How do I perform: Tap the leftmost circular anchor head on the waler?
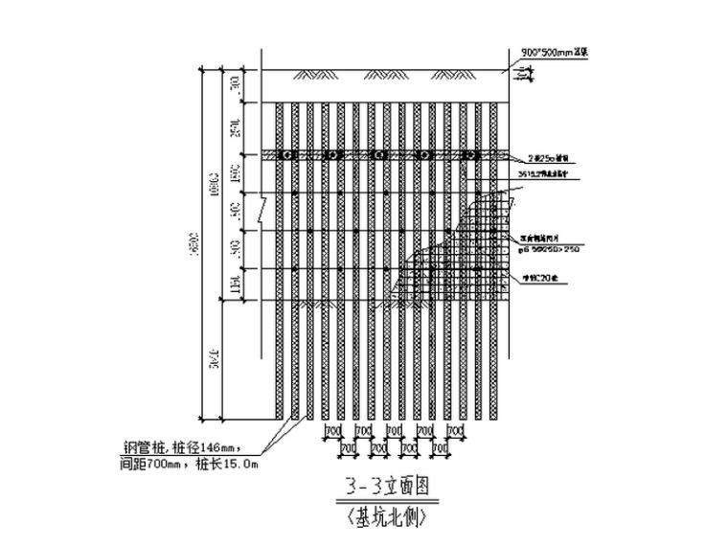pyautogui.click(x=284, y=155)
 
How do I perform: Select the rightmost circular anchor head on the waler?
pyautogui.click(x=469, y=155)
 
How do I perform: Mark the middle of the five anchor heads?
pyautogui.click(x=377, y=155)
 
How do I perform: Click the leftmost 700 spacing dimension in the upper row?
pyautogui.click(x=334, y=433)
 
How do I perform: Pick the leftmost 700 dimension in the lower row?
pyautogui.click(x=349, y=447)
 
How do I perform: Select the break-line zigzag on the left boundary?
pyautogui.click(x=262, y=203)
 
